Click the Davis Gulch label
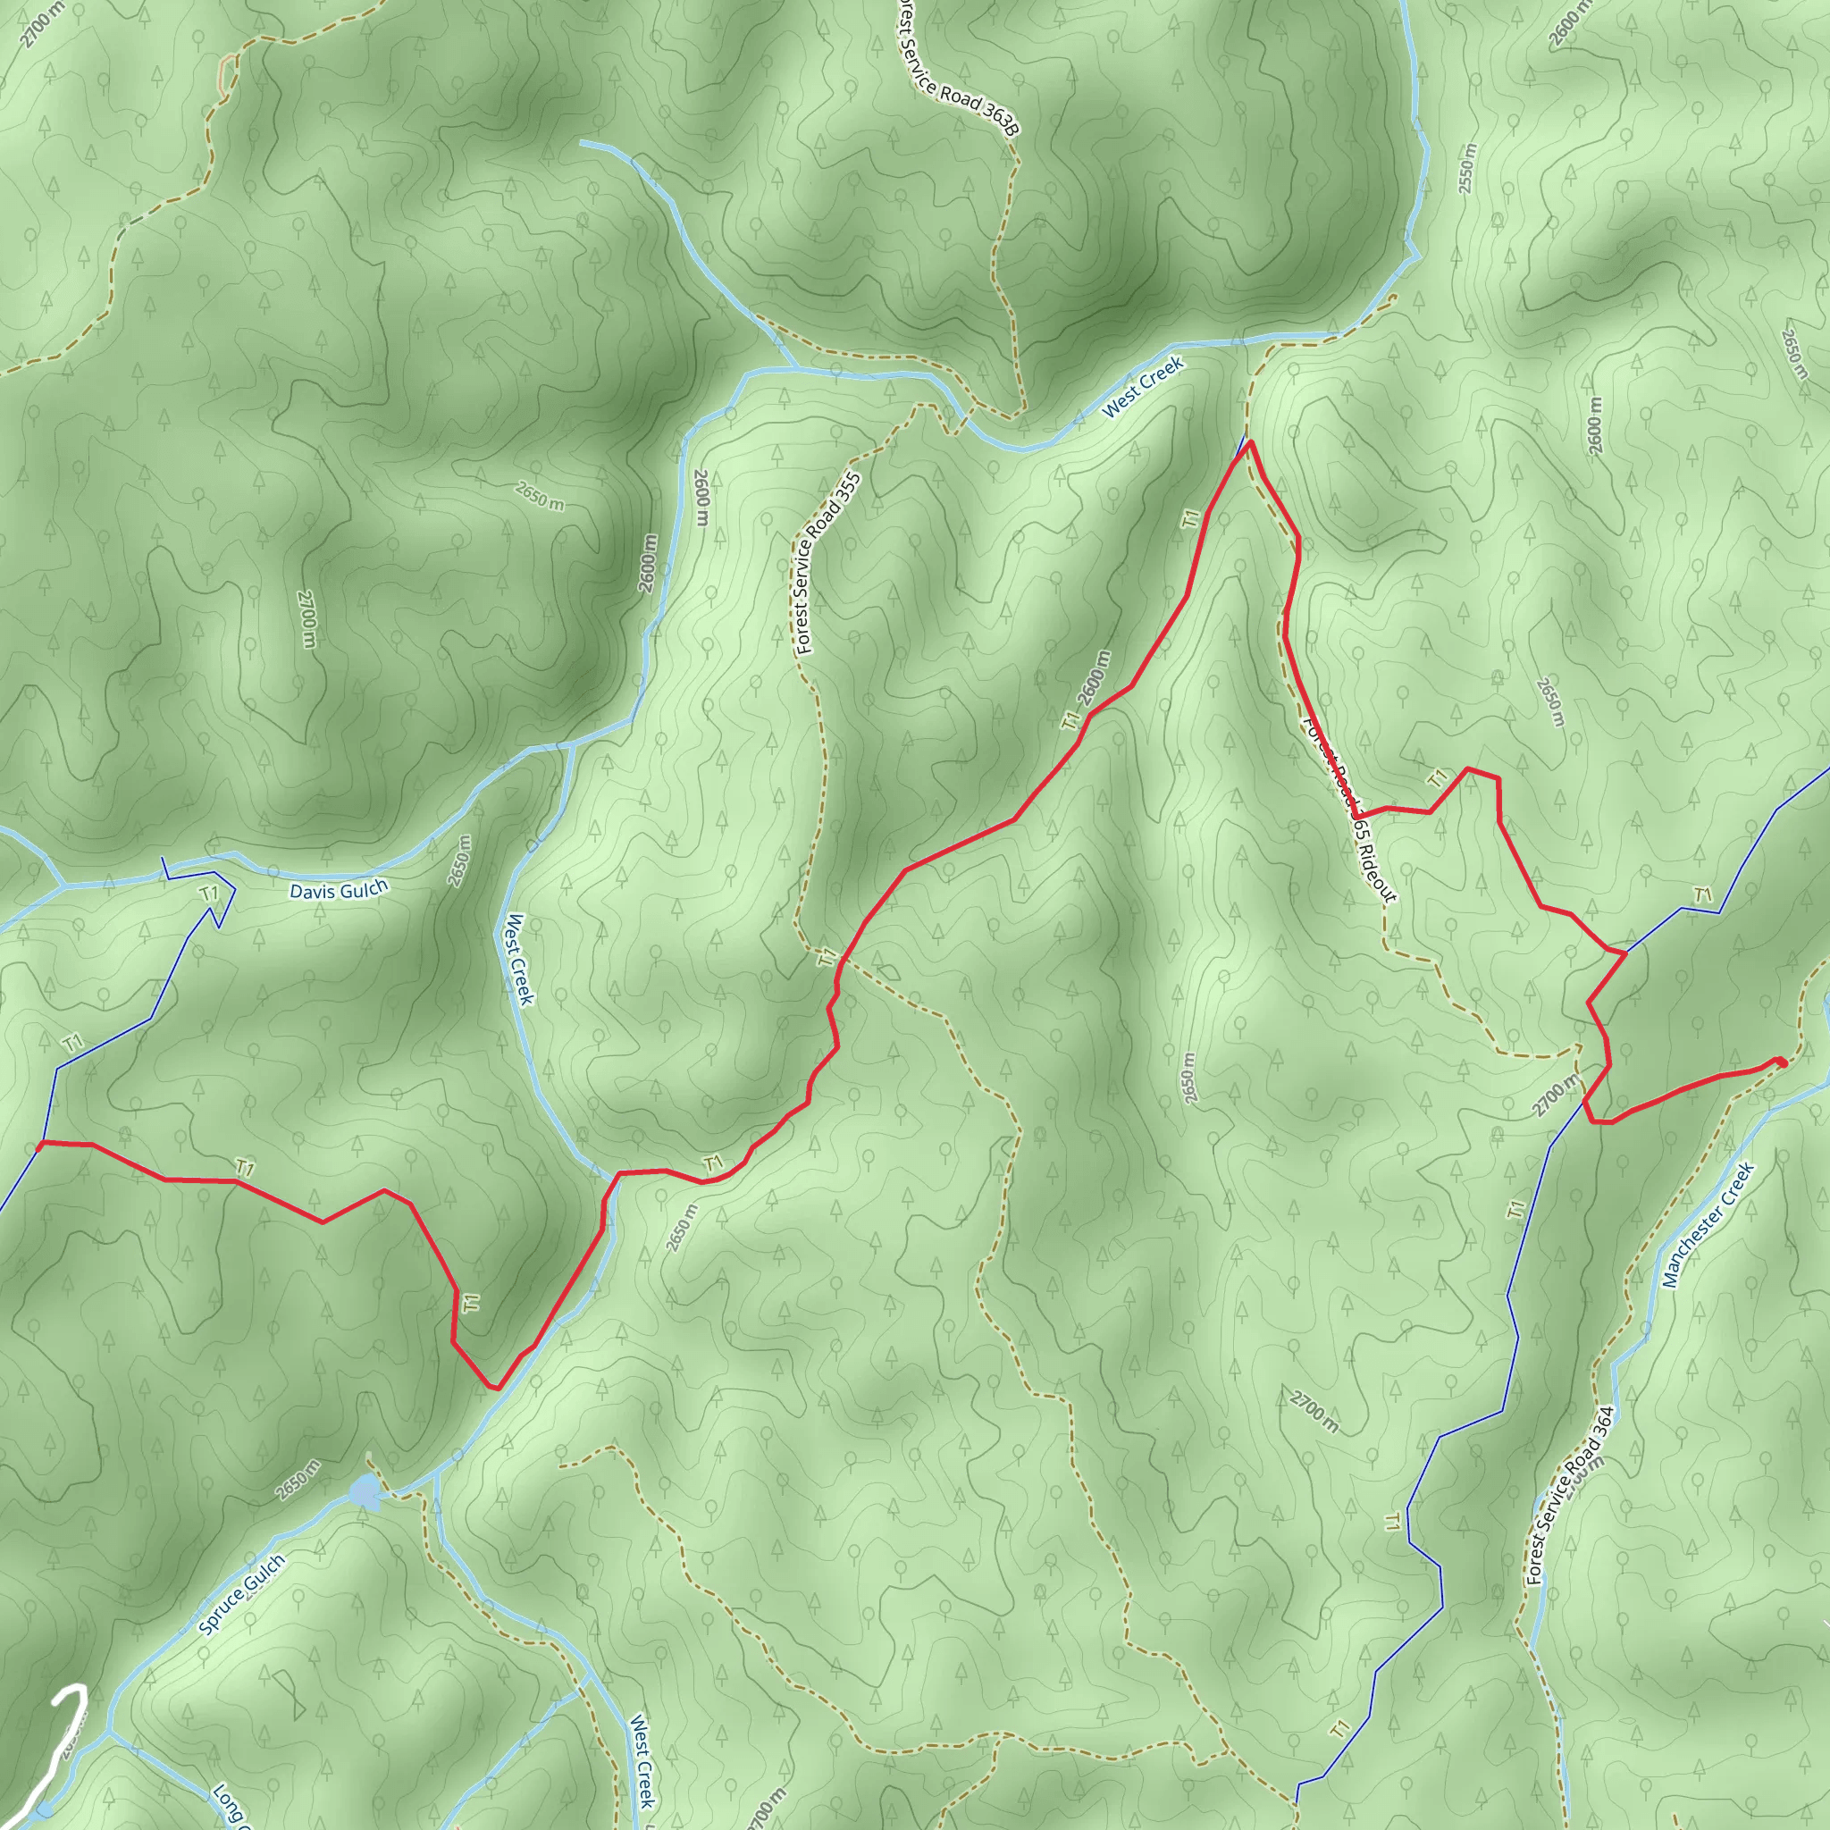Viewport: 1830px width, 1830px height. point(338,889)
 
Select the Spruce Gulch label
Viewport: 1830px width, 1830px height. point(241,1594)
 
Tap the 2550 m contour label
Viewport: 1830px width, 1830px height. point(1467,169)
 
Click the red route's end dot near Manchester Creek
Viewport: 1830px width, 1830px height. point(1782,1062)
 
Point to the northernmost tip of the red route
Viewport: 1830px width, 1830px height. point(1250,442)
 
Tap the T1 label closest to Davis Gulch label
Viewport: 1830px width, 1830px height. point(209,893)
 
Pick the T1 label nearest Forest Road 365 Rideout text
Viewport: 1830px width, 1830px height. point(1438,778)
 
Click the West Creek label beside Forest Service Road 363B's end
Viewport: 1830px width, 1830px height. point(1142,386)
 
